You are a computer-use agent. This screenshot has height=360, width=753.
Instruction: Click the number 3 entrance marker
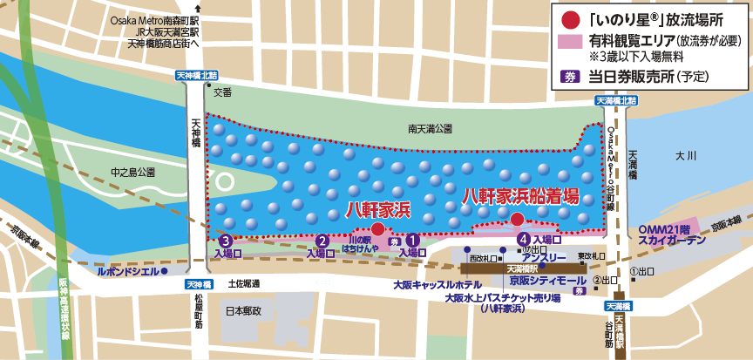[x=226, y=241]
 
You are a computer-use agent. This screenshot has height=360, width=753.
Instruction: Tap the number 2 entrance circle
[x=322, y=241]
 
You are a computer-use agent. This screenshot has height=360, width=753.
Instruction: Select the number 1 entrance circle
[x=413, y=238]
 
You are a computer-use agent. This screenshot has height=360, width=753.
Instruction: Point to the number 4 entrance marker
[x=523, y=239]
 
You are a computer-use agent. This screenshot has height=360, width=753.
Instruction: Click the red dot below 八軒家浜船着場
[x=517, y=219]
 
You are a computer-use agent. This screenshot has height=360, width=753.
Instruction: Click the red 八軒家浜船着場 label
[x=520, y=196]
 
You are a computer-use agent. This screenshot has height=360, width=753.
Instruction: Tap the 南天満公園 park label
[x=431, y=129]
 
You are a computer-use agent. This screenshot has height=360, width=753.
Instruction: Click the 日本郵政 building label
[x=243, y=310]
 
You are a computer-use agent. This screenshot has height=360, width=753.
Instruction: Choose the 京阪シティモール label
[x=548, y=281]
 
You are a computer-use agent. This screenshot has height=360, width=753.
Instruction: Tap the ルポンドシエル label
[x=127, y=271]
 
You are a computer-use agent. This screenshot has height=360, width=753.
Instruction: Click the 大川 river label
[x=687, y=155]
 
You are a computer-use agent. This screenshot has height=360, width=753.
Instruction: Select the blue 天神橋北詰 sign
[x=199, y=76]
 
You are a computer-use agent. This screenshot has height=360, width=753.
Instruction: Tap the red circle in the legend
[x=570, y=18]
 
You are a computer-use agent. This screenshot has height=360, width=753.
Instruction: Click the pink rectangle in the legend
[x=570, y=41]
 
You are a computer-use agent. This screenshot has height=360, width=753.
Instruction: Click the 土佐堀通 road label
[x=244, y=283]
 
